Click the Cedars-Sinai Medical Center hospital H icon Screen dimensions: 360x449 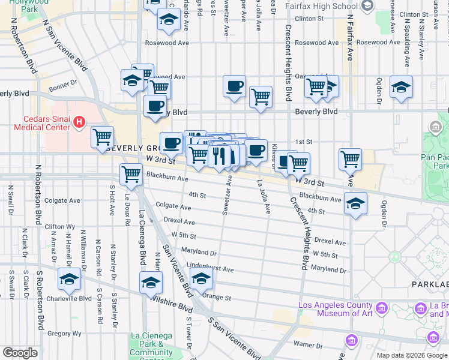click(x=78, y=124)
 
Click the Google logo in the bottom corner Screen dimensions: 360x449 click(x=20, y=353)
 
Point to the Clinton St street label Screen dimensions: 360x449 click(x=309, y=19)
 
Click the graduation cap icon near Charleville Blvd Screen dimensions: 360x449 click(x=69, y=280)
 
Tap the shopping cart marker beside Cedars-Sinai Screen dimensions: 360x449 click(x=103, y=137)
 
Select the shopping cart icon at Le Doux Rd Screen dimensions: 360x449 click(x=131, y=175)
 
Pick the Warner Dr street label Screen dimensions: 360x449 click(x=308, y=344)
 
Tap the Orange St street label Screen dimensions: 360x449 click(x=217, y=297)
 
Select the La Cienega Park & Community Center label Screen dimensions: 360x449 click(x=151, y=344)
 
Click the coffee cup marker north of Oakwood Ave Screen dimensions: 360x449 click(x=234, y=86)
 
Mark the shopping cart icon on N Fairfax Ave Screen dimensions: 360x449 click(x=350, y=160)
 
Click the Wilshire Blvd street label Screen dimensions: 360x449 click(x=172, y=304)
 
